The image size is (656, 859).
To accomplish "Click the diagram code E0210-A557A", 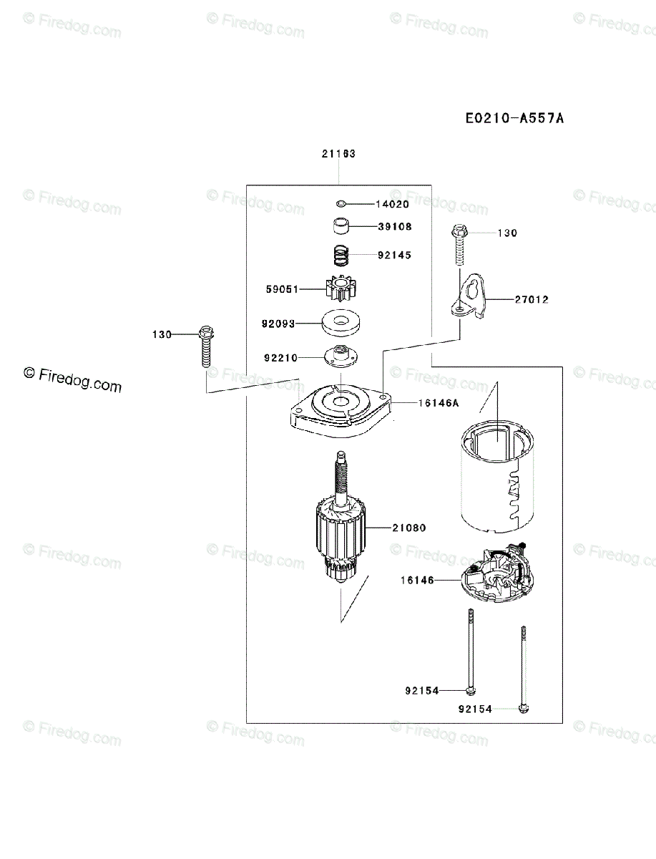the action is tap(514, 118).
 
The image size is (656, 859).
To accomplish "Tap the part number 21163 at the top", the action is tap(338, 153).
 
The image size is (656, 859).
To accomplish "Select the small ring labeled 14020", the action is tap(343, 204).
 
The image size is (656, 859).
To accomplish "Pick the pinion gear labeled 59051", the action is tap(340, 289).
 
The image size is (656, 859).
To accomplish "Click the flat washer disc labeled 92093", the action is tap(340, 323).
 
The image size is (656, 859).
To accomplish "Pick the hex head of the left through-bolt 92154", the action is tap(469, 690).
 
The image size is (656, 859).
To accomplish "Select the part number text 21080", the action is tap(408, 528).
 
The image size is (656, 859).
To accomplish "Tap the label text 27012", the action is tap(531, 300).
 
